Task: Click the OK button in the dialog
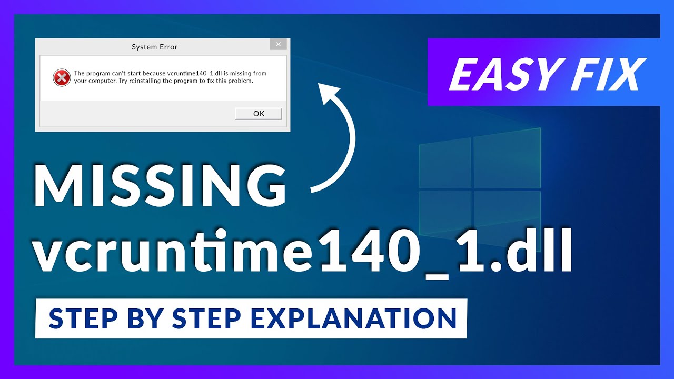(259, 114)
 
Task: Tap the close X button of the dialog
(278, 44)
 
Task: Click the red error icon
(62, 78)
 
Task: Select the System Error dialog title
(154, 47)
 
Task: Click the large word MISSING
(161, 185)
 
